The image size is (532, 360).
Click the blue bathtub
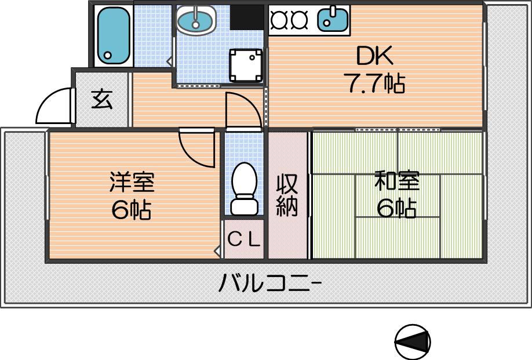pyautogui.click(x=114, y=35)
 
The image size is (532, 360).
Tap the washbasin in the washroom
pyautogui.click(x=196, y=21)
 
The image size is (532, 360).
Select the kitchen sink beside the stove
pyautogui.click(x=333, y=19)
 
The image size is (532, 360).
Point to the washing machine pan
pyautogui.click(x=246, y=65)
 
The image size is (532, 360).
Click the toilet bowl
pyautogui.click(x=243, y=188)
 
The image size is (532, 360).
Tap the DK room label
pyautogui.click(x=375, y=56)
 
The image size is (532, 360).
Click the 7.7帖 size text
pyautogui.click(x=374, y=83)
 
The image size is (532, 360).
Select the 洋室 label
pyautogui.click(x=132, y=182)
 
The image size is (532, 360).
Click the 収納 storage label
pyautogui.click(x=287, y=195)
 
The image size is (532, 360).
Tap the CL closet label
pyautogui.click(x=244, y=240)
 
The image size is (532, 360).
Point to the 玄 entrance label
pyautogui.click(x=102, y=99)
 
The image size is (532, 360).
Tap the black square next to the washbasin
pyautogui.click(x=247, y=17)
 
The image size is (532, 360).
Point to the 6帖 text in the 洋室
pyautogui.click(x=132, y=210)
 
